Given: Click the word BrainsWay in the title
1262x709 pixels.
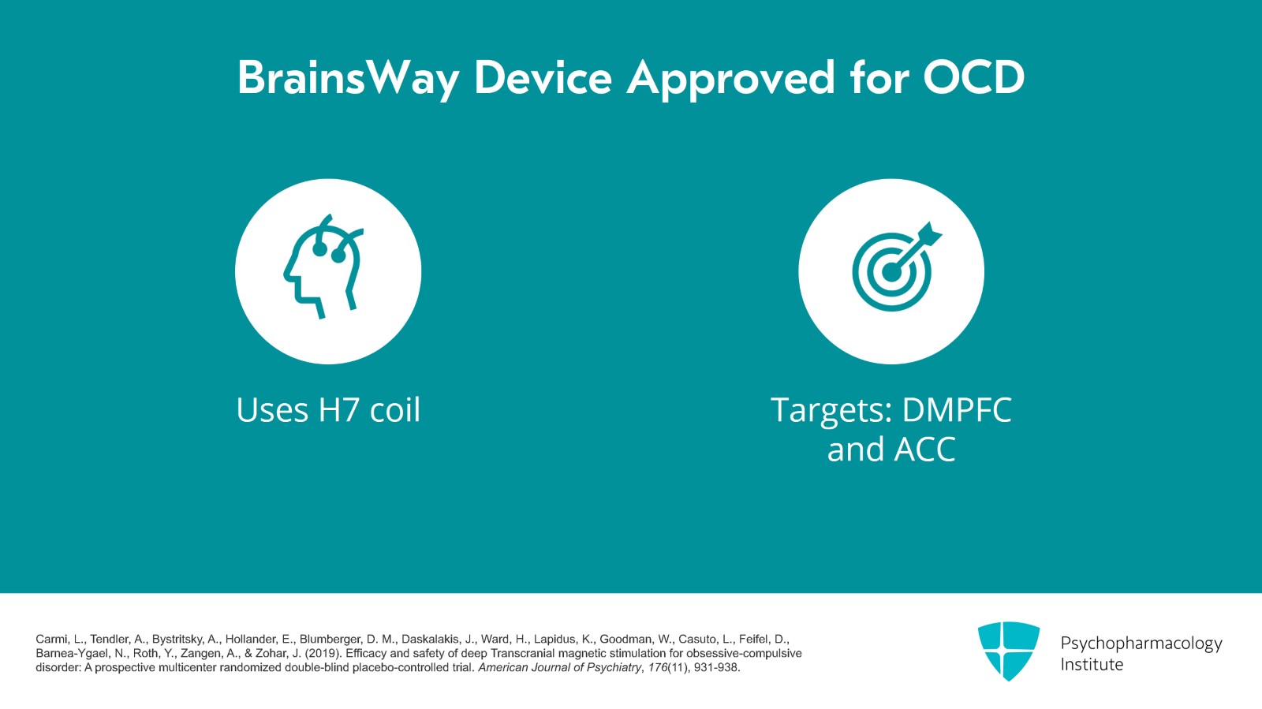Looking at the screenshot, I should tap(348, 78).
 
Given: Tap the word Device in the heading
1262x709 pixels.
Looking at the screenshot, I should tap(543, 78).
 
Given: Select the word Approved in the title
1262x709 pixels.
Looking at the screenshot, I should tap(730, 78).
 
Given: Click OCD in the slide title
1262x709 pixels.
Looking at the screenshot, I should tap(973, 78).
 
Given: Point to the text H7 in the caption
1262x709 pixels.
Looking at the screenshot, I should tap(339, 410).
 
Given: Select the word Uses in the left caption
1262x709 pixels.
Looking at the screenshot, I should tap(272, 410).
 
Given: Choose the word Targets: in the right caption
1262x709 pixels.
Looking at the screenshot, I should tap(831, 410).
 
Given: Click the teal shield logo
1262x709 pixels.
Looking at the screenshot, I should tap(1008, 651).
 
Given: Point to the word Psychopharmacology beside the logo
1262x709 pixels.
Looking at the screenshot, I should tap(1141, 644).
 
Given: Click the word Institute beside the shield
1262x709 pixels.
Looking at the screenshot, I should tap(1092, 665).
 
